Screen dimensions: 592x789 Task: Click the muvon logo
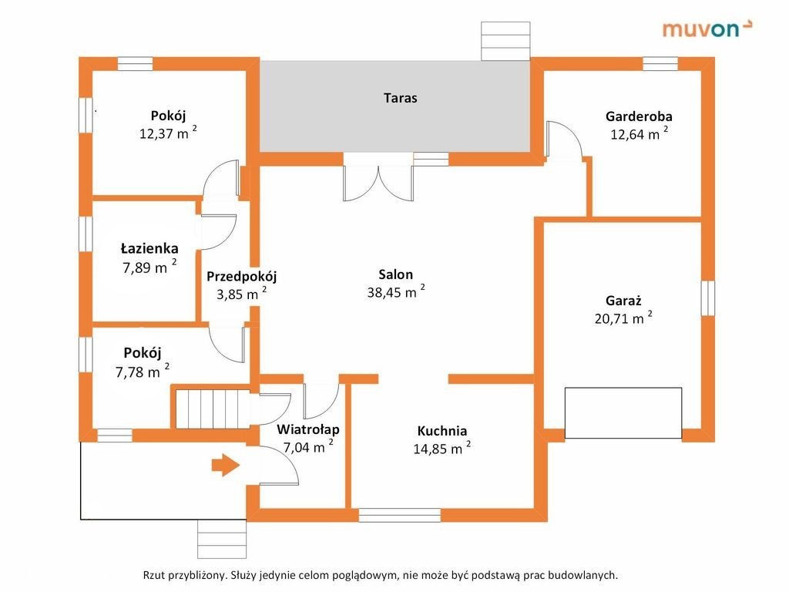707,29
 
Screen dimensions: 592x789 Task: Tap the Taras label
400,98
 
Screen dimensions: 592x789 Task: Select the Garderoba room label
639,117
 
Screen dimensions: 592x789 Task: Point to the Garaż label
623,301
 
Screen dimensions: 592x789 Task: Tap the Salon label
396,274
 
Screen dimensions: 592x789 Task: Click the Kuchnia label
442,431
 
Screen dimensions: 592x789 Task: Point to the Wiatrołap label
308,429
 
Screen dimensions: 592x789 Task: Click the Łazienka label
149,248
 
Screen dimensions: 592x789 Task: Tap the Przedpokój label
241,276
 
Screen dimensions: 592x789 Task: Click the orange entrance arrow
225,466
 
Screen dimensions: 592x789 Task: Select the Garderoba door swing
563,141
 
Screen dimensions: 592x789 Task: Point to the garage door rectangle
623,413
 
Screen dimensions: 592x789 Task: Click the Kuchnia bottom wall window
400,515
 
